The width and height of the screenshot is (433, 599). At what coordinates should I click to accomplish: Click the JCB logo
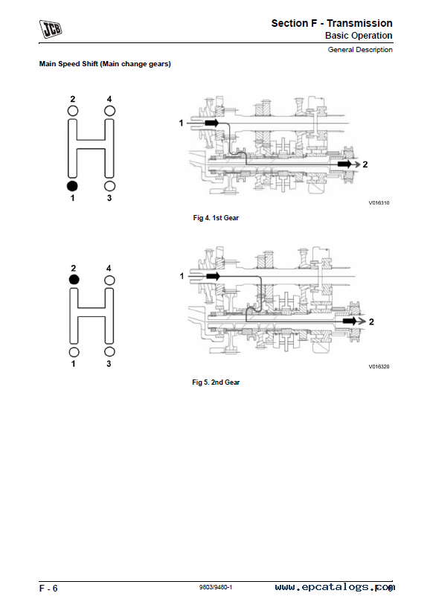[51, 29]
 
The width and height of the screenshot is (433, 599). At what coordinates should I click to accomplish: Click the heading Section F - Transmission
[332, 23]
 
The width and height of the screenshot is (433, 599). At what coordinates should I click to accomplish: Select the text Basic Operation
[359, 36]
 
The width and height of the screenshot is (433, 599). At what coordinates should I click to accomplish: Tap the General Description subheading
[360, 50]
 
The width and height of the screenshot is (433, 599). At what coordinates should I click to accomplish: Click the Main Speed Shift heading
[105, 64]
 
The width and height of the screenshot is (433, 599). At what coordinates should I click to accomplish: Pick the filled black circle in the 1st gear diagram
[72, 186]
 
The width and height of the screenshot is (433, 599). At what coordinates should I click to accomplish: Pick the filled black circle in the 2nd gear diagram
[74, 280]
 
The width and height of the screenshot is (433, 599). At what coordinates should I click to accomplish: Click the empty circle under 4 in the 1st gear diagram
[109, 111]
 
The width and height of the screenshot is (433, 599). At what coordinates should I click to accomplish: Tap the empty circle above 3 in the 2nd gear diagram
[109, 352]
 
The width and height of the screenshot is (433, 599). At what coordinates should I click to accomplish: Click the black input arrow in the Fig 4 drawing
[212, 123]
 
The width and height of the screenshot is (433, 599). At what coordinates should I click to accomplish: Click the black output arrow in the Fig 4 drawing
[344, 164]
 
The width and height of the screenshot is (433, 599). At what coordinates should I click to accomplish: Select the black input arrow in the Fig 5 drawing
[213, 276]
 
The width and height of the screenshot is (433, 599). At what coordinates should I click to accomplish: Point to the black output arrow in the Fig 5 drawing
[350, 321]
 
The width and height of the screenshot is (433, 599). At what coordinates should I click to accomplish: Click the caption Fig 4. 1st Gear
[216, 218]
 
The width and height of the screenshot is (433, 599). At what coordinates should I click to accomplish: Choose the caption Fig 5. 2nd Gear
[216, 382]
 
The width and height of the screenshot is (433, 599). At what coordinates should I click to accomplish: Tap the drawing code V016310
[379, 203]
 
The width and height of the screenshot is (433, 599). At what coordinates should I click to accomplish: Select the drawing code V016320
[379, 367]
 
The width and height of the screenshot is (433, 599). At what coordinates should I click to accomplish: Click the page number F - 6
[48, 589]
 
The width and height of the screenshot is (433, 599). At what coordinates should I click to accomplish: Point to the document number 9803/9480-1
[215, 587]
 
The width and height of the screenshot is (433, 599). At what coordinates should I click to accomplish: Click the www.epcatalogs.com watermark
[335, 587]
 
